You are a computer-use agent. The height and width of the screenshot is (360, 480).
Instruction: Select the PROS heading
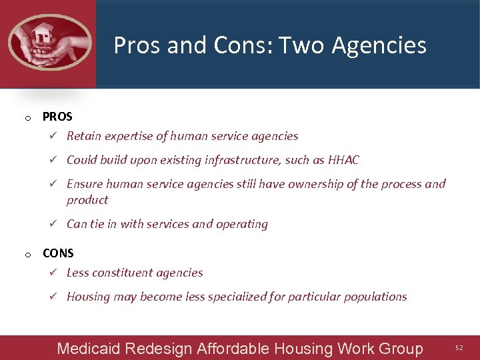click(57, 117)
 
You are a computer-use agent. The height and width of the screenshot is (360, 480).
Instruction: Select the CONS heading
click(58, 253)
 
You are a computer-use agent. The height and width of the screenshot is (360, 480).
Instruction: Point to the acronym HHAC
click(344, 160)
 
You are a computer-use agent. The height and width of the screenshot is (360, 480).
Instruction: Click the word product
click(87, 200)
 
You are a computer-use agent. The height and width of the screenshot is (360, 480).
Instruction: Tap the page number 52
click(458, 348)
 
